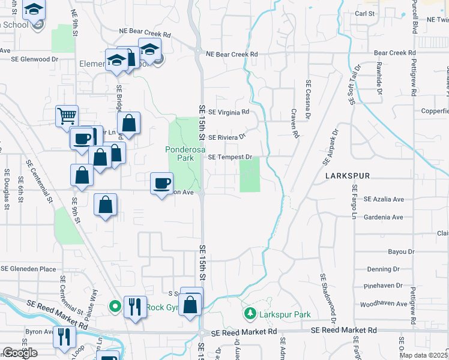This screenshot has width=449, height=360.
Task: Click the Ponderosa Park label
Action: click(x=180, y=154)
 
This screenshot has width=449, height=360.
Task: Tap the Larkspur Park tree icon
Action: click(x=250, y=313)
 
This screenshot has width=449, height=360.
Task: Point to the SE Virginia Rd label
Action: click(x=228, y=112)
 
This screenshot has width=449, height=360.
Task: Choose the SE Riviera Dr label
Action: click(x=227, y=137)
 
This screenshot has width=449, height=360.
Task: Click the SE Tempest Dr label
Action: click(x=229, y=157)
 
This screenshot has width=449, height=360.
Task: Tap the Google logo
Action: click(x=19, y=353)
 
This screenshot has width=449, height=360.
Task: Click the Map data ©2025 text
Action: click(x=423, y=355)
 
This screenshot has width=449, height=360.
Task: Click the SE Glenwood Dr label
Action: click(x=34, y=59)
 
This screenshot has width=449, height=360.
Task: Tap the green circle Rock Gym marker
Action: click(x=114, y=307)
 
